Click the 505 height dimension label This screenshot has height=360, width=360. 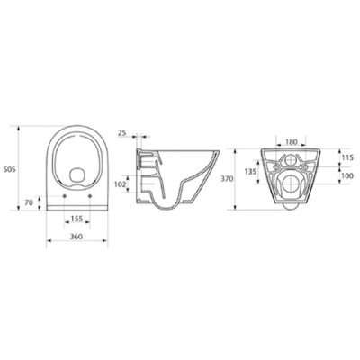9,169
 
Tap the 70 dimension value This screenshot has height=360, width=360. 29,202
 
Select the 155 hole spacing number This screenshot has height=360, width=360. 77,219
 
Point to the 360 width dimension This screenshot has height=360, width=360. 76,237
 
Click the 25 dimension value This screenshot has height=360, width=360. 122,133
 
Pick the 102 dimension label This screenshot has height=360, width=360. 121,184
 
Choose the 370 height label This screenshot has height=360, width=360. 227,179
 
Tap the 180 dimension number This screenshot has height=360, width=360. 291,141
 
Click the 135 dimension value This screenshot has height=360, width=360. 250,172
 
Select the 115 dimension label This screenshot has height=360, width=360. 347,157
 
